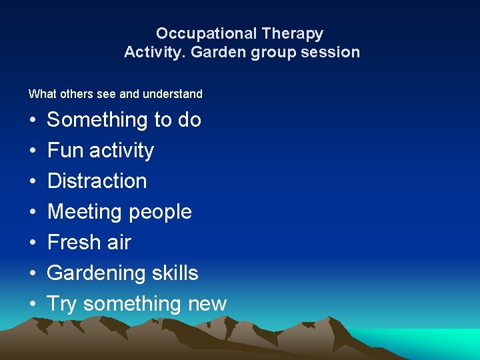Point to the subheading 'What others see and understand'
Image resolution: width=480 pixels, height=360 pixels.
[x=115, y=94]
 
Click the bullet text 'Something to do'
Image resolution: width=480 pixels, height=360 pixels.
[x=124, y=120]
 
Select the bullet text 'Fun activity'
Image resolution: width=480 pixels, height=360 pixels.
[x=101, y=151]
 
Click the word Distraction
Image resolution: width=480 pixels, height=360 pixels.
[x=97, y=181]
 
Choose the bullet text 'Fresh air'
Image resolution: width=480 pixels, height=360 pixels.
[x=89, y=243]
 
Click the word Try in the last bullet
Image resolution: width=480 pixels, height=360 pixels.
[x=62, y=305]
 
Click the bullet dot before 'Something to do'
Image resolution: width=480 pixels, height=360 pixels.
[x=32, y=121]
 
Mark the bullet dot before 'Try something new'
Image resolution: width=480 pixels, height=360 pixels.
[x=32, y=305]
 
